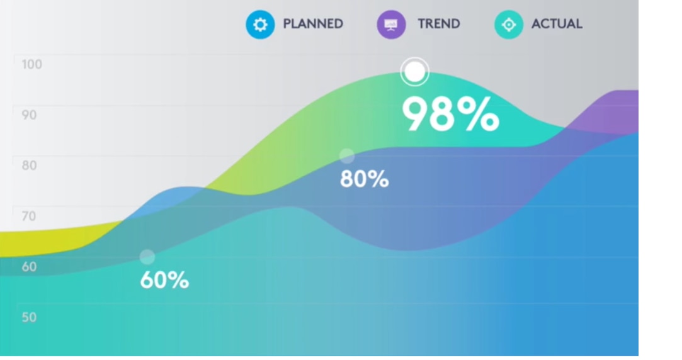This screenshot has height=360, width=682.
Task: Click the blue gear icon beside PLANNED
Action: (x=260, y=25)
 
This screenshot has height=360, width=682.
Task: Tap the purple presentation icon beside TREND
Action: (x=391, y=25)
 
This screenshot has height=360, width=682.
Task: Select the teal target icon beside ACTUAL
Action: (x=508, y=25)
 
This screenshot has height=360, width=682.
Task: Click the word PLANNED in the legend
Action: (x=313, y=24)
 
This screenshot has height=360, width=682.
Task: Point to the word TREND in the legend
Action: (x=439, y=24)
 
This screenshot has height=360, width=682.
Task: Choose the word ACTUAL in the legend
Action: (x=557, y=24)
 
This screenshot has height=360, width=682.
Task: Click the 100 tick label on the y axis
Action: (x=31, y=64)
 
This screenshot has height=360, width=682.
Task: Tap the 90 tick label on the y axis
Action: (x=29, y=115)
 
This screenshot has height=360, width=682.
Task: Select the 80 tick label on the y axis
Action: (x=29, y=166)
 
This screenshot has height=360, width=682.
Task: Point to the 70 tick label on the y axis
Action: (x=29, y=216)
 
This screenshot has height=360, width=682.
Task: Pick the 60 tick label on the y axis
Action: (x=29, y=266)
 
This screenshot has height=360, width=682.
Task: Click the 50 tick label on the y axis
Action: (x=29, y=317)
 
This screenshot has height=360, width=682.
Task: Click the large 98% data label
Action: (x=451, y=115)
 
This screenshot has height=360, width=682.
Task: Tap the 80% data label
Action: (x=365, y=179)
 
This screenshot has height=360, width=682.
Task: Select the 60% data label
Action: (x=164, y=280)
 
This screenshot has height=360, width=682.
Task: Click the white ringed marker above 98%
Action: (x=414, y=72)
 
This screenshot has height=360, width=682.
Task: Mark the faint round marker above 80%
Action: (x=346, y=155)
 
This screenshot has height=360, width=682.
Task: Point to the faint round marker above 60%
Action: (x=147, y=257)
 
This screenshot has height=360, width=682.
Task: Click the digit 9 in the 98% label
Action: (x=416, y=115)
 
